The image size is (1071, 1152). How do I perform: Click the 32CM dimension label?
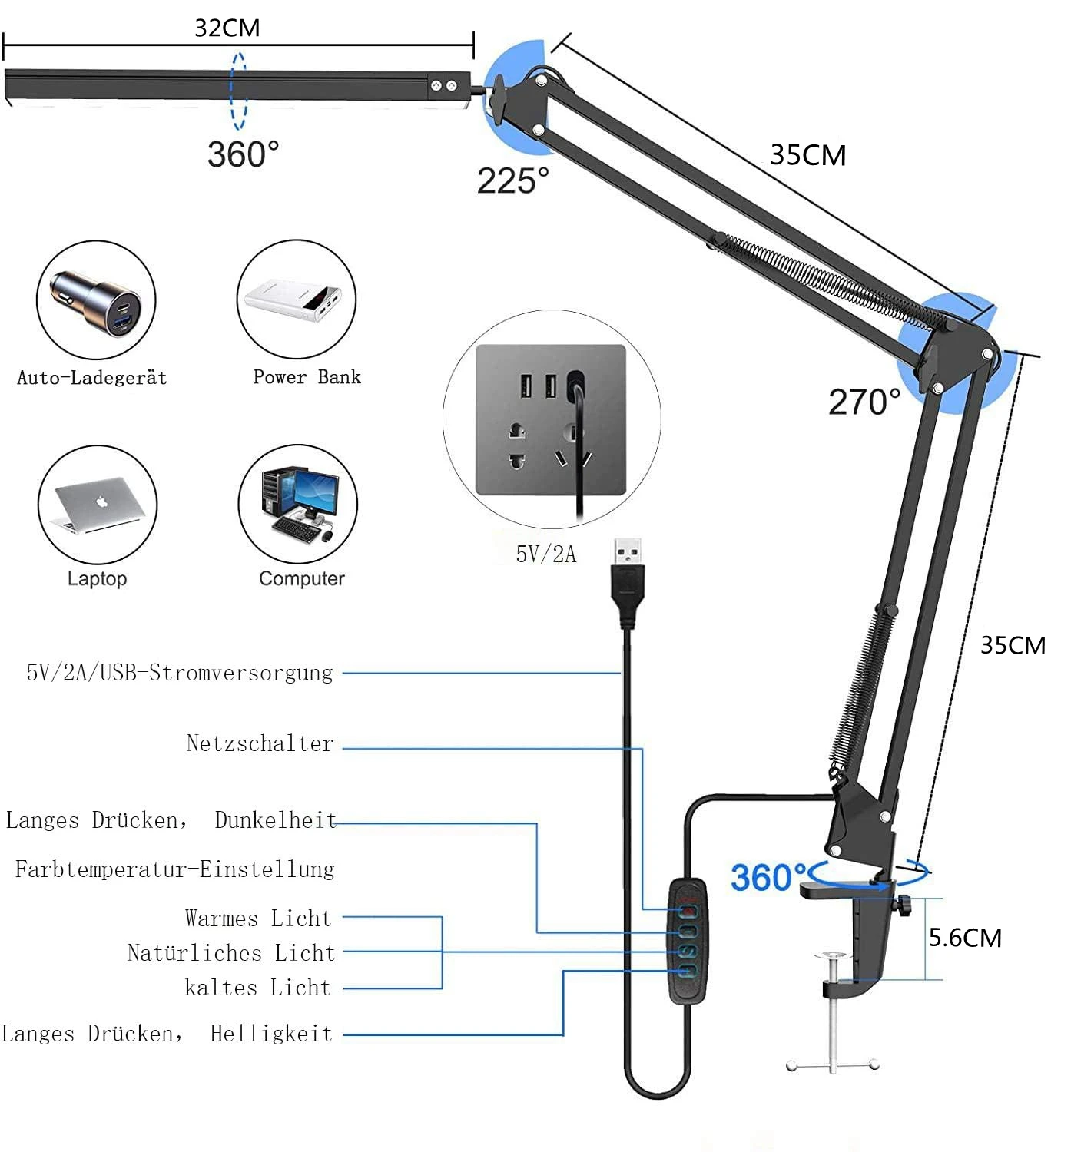coord(227,28)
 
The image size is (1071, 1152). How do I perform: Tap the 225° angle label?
coord(512,181)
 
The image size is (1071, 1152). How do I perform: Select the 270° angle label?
coord(864,402)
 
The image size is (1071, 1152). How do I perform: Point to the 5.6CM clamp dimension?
coord(965,938)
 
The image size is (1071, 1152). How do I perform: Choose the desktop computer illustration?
coord(298,504)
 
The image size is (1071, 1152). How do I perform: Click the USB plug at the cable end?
coord(628,572)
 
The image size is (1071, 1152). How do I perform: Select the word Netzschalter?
coord(260,743)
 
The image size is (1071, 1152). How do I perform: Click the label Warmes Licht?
coord(258,919)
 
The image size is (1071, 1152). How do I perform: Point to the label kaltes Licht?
coord(257,988)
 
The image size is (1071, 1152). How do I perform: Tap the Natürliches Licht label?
coord(231,953)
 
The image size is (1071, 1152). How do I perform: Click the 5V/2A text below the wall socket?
coord(545,554)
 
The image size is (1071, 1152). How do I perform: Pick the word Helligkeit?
coord(271,1034)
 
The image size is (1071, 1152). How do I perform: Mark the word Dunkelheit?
coord(275,820)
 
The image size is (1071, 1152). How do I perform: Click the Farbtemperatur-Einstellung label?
coord(175,869)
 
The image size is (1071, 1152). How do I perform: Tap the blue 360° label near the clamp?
coord(768,877)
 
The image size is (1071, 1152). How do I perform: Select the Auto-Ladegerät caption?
coord(92,378)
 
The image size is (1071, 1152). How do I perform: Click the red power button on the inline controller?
coord(689,911)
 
